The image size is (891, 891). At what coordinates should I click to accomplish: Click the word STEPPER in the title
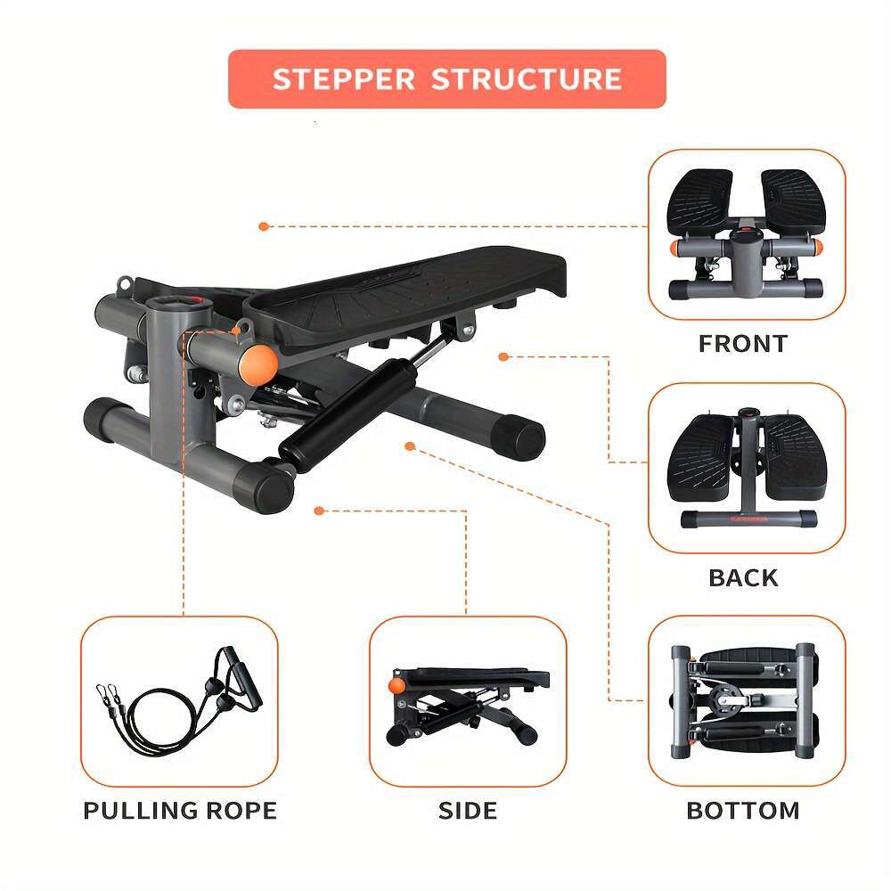point(343,79)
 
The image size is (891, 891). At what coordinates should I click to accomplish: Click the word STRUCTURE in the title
point(527,79)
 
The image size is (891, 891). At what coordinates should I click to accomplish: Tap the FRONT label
point(743,344)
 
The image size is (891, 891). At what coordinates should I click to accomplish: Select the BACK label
point(743,578)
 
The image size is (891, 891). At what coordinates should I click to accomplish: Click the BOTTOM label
point(743,811)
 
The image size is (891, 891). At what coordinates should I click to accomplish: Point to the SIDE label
point(468,811)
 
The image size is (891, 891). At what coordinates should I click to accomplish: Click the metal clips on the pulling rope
point(108,692)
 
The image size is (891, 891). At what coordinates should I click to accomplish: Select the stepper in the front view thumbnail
point(745,234)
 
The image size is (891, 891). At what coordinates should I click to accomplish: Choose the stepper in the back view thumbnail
point(745,468)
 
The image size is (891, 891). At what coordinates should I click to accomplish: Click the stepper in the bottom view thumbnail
point(745,700)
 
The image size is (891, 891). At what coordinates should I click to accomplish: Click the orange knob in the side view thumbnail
point(396,685)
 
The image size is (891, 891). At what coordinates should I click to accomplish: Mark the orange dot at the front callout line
point(263,226)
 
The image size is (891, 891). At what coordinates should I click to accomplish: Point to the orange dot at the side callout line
point(319,511)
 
